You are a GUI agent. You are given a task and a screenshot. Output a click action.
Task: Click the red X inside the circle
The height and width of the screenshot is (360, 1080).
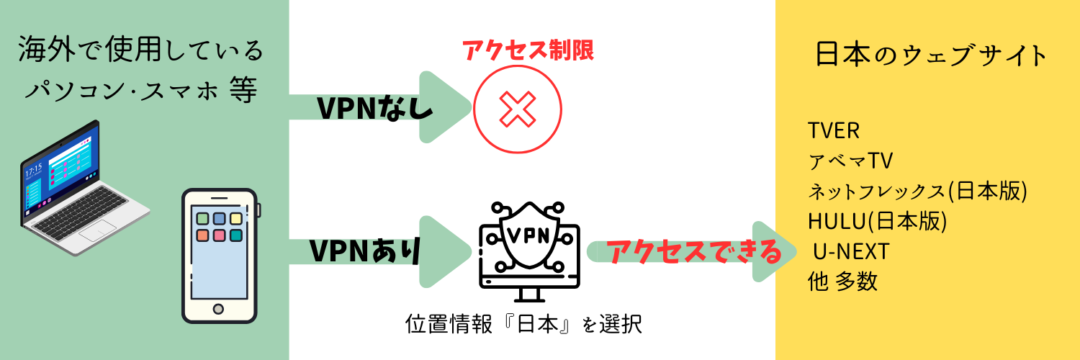pos(518,109)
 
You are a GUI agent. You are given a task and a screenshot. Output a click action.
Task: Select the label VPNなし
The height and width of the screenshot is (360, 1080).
pos(375,109)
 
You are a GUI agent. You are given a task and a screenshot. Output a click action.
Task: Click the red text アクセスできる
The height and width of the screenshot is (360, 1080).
pos(694,252)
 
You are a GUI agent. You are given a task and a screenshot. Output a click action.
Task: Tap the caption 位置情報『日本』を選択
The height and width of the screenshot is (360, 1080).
pos(523,324)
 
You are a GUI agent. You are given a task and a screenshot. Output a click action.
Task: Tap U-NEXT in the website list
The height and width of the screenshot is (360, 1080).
pos(851,252)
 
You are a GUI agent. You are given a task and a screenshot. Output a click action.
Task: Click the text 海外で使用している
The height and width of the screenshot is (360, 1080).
pos(140,52)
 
